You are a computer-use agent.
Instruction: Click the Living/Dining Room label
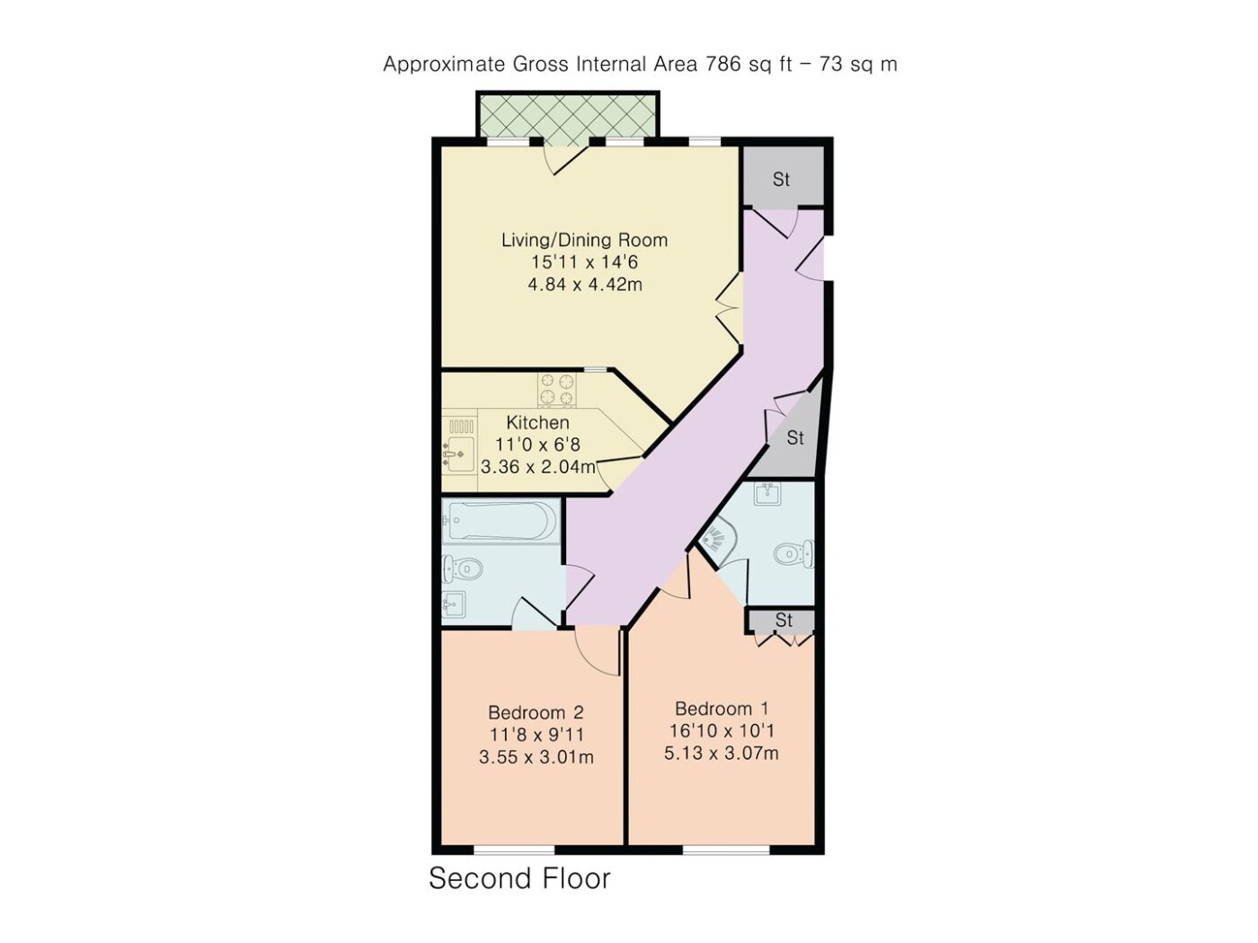[x=585, y=240]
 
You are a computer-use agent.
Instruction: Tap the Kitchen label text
[x=537, y=422]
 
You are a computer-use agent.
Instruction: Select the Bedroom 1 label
[x=721, y=709]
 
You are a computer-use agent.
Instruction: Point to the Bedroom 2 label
[x=536, y=712]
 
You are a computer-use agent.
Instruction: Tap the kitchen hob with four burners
[x=557, y=390]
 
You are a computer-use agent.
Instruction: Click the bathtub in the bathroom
[x=501, y=521]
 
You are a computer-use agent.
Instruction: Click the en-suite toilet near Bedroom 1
[x=794, y=553]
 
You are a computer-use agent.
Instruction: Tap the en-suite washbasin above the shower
[x=768, y=494]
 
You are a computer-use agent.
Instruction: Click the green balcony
[x=566, y=121]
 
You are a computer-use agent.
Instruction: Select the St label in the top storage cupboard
[x=781, y=180]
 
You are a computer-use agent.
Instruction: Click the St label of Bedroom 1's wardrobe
[x=784, y=620]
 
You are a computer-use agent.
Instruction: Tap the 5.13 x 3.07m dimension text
[x=721, y=753]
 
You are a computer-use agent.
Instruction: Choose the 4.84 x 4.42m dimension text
[x=585, y=284]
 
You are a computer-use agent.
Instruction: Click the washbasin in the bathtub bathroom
[x=454, y=604]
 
